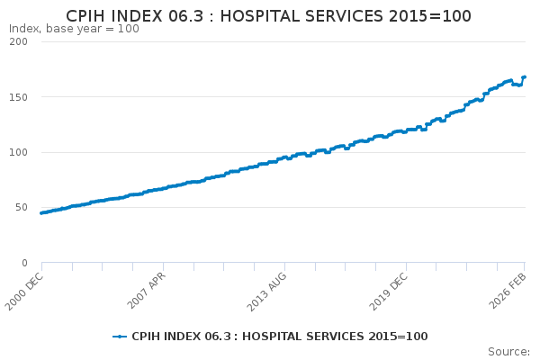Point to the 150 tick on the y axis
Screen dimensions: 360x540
(20, 97)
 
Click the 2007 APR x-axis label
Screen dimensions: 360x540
(147, 288)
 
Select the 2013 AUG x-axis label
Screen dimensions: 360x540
(267, 288)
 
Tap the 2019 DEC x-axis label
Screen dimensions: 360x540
(389, 288)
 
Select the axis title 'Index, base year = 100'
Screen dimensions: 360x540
(74, 29)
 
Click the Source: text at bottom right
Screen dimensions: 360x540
(508, 351)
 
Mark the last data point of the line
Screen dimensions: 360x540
(524, 77)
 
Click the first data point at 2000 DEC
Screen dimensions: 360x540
(41, 213)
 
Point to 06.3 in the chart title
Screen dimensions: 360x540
(191, 16)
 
